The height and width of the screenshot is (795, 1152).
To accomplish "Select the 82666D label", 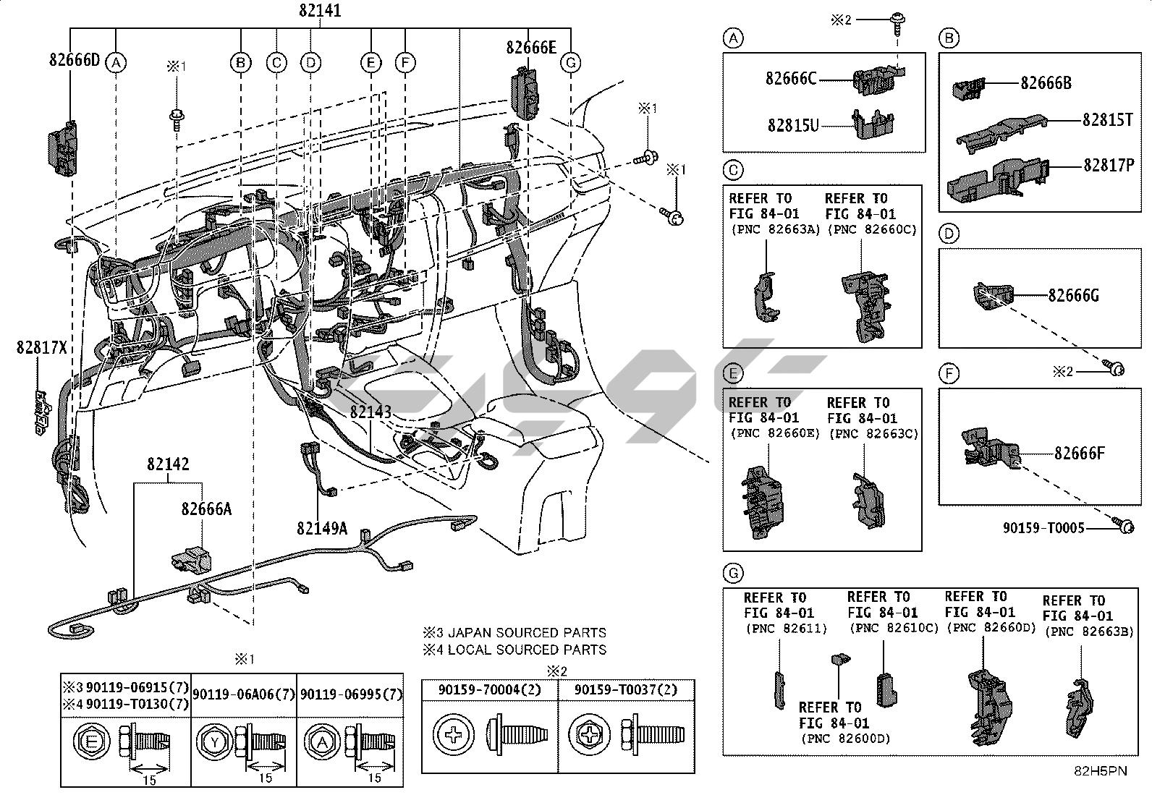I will click(x=75, y=59).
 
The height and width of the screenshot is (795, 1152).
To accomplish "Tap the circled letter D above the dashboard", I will click(x=310, y=64).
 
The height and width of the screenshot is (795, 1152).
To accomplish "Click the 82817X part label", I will click(x=41, y=349).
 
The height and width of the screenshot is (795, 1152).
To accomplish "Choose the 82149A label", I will click(x=321, y=529).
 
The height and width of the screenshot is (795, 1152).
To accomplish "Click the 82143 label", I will click(x=370, y=412).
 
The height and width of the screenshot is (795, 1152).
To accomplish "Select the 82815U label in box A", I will click(x=793, y=126).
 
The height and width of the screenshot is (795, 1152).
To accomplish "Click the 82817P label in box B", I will click(x=1108, y=165).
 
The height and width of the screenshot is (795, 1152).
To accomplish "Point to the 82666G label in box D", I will click(x=1073, y=294).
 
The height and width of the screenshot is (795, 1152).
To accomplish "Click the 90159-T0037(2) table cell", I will click(x=626, y=690).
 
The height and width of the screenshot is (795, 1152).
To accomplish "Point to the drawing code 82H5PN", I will click(x=1099, y=771).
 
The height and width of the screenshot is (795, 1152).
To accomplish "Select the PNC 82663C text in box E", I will click(x=873, y=433).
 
